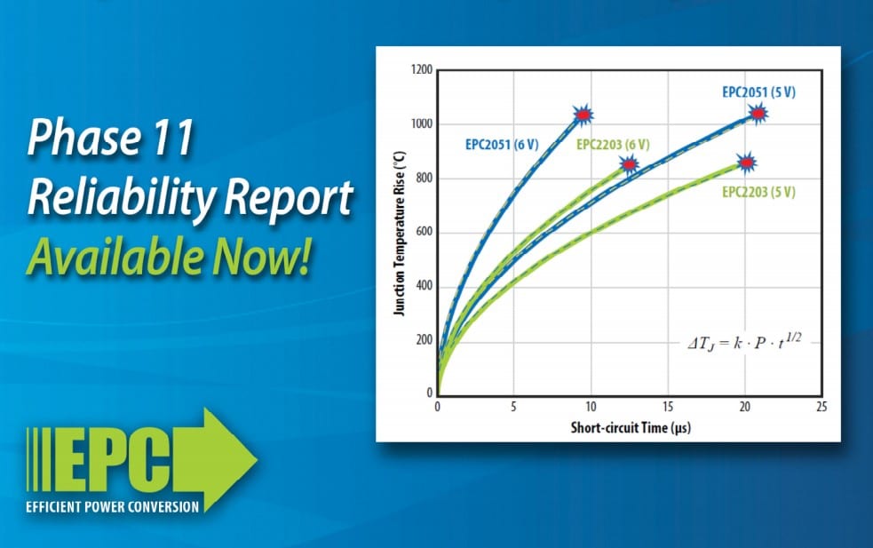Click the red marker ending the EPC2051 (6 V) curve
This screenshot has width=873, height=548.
(x=583, y=115)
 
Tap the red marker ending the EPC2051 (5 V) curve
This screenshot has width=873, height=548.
(x=757, y=113)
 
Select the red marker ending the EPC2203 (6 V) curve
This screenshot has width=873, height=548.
(x=629, y=164)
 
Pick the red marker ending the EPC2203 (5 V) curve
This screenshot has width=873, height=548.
(x=747, y=163)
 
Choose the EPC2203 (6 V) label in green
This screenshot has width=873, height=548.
(x=613, y=144)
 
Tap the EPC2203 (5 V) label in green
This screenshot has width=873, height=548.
(x=758, y=192)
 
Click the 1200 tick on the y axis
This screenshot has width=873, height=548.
(x=421, y=70)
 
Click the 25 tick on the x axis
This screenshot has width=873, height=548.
(x=821, y=407)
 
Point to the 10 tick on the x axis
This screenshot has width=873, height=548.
(x=591, y=407)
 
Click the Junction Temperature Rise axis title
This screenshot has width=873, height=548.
(x=400, y=233)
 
